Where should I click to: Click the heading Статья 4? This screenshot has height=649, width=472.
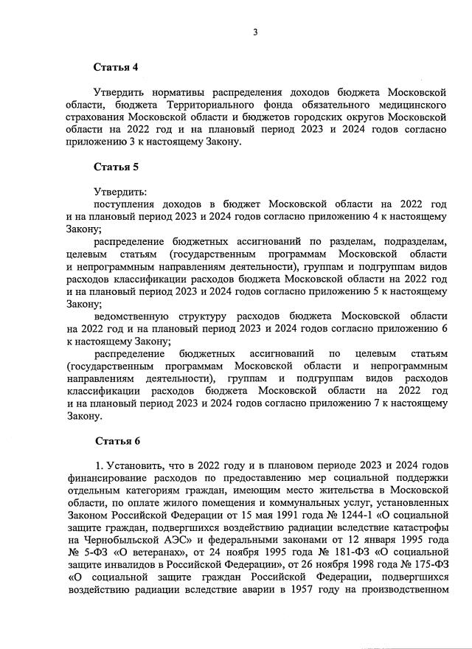pyautogui.click(x=116, y=67)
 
